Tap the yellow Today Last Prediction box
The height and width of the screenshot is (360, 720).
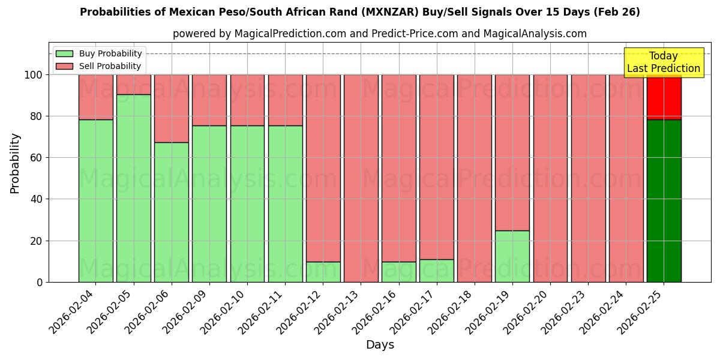663,62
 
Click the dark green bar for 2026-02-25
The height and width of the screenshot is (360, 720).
664,200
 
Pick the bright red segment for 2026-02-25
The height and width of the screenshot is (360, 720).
664,97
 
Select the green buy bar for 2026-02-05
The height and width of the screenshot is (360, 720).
133,188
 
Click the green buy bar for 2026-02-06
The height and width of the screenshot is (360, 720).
171,212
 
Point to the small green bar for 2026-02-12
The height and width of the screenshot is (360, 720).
323,272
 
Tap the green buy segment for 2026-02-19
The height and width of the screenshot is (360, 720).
512,256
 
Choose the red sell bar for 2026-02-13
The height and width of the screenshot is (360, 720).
361,178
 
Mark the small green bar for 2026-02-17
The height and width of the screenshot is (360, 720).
436,271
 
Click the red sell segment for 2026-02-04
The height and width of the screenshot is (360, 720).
95,97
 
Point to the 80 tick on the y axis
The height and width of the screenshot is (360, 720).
38,116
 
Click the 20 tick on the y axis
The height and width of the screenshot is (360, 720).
38,241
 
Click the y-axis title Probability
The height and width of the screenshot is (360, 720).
15,163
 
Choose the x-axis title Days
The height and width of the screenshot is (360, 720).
380,345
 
